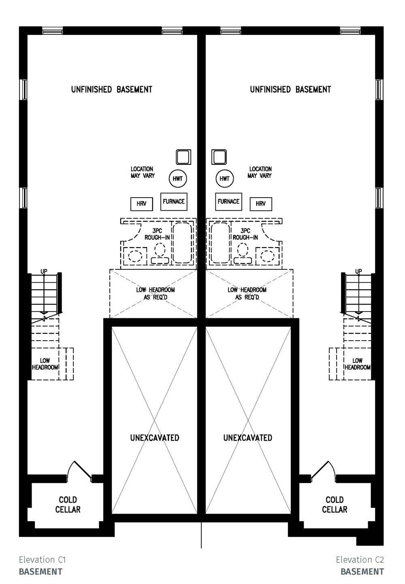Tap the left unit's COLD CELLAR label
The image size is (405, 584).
(x=68, y=505)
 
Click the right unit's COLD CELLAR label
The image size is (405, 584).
(x=335, y=505)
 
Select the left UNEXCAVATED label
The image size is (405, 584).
(x=155, y=438)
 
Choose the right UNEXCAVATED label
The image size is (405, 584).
(x=248, y=438)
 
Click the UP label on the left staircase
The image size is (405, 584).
(x=44, y=271)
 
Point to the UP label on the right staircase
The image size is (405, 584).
(x=358, y=271)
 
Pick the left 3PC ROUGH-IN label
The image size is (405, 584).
(x=157, y=234)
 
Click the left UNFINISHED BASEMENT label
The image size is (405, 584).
(x=112, y=90)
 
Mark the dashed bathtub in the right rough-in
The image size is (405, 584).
(x=220, y=243)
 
